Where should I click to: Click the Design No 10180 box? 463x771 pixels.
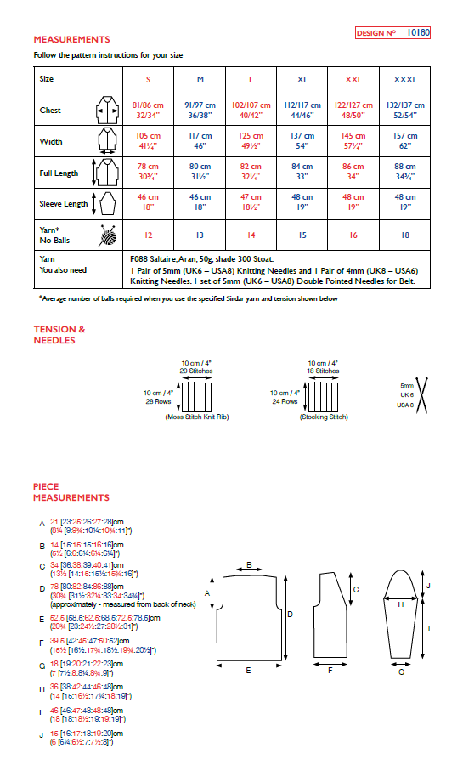click(392, 33)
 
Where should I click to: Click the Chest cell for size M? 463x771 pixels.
click(200, 110)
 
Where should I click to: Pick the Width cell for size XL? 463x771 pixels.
click(302, 141)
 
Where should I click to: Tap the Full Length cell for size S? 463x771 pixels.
click(148, 173)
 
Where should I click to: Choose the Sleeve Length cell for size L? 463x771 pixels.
click(251, 204)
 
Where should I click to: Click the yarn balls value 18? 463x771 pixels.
click(404, 234)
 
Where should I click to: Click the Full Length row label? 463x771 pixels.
click(59, 173)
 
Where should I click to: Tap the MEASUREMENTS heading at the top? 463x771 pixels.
click(71, 39)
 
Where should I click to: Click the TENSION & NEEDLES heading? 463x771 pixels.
click(59, 335)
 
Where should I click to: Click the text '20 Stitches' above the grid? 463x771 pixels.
click(196, 371)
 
